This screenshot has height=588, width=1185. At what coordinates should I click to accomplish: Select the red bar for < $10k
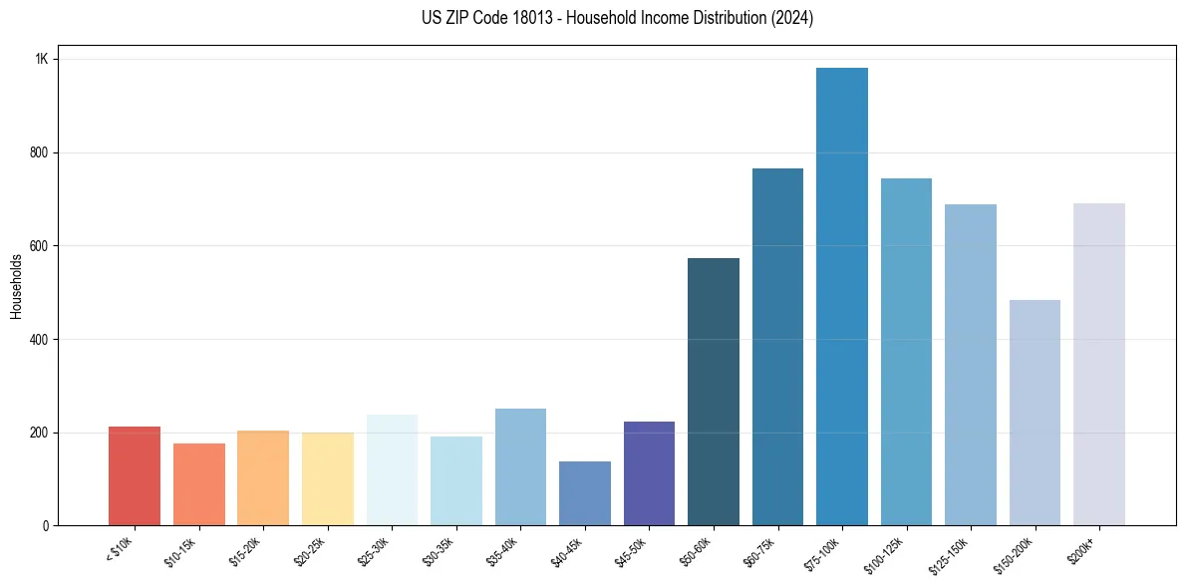[x=135, y=475]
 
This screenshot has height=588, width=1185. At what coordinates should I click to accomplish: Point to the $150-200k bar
[x=1035, y=413]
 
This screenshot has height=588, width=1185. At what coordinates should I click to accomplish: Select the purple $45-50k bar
[x=649, y=473]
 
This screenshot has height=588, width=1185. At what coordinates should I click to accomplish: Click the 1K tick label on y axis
[x=41, y=60]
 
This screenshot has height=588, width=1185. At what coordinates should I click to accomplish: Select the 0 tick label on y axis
[x=45, y=526]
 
